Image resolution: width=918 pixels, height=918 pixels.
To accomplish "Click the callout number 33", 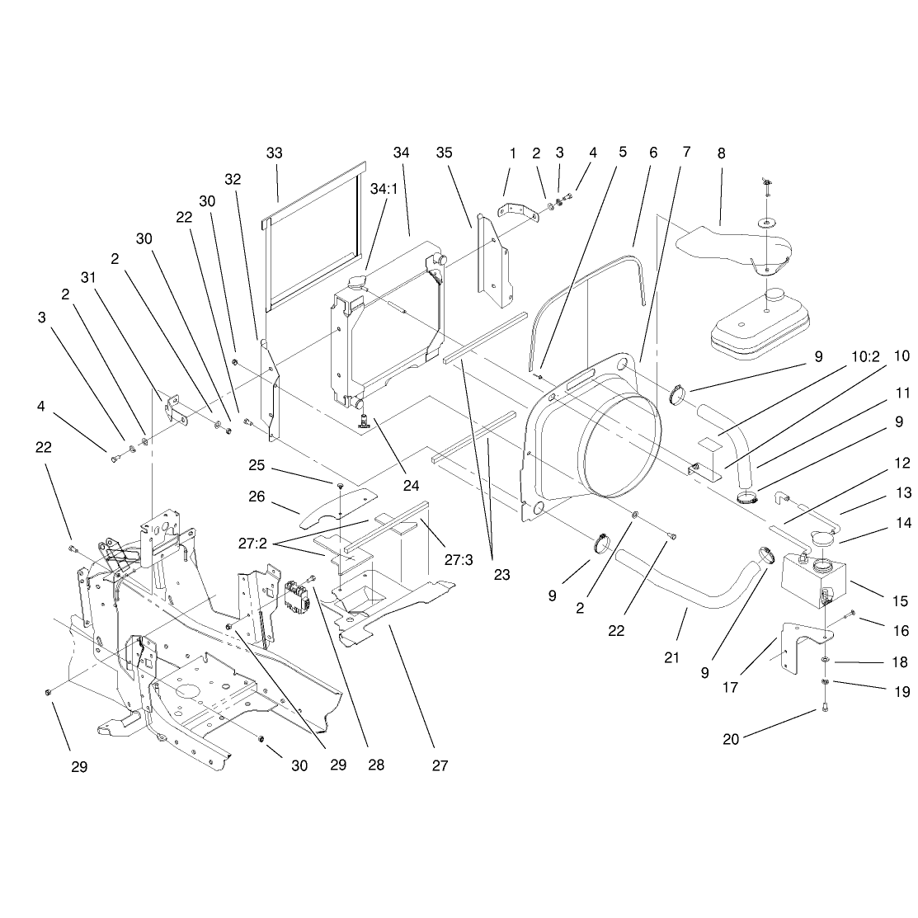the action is click(x=274, y=153).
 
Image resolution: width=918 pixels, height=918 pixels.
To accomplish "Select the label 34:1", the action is click(x=384, y=189).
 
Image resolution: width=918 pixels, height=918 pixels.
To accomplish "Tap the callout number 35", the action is click(x=445, y=153).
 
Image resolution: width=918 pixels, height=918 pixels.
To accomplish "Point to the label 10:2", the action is click(x=865, y=356).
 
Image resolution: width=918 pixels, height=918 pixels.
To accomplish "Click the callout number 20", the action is click(x=731, y=740).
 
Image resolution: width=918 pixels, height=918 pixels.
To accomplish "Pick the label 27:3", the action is click(x=459, y=560).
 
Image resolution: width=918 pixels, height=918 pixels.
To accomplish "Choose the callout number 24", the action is click(x=411, y=485).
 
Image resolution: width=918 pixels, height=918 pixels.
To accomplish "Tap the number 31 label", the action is click(x=87, y=277).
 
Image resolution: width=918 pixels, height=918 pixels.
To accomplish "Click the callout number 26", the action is click(x=257, y=497).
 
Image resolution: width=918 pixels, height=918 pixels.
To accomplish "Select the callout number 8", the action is click(x=721, y=153).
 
